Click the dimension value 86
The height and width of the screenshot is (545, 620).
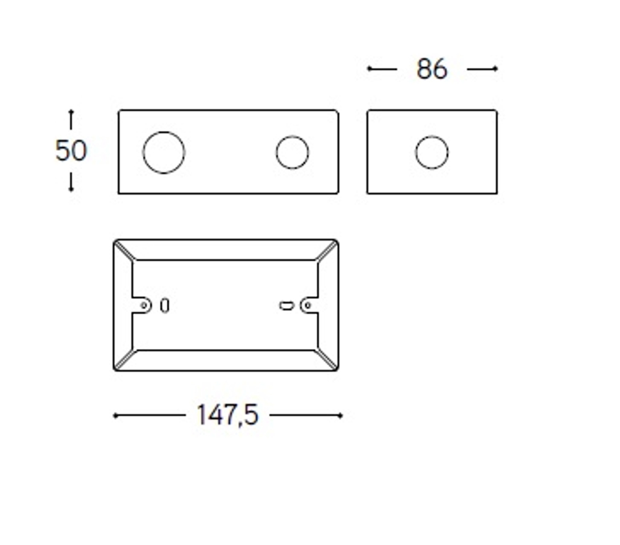(432, 69)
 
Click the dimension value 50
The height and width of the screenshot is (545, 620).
(71, 151)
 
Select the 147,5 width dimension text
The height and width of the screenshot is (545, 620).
(228, 415)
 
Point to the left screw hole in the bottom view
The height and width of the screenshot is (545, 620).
(144, 305)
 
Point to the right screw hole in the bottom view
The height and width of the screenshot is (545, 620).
(308, 305)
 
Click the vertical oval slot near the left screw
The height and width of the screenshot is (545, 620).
(165, 305)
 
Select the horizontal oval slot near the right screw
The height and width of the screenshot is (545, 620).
(286, 306)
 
